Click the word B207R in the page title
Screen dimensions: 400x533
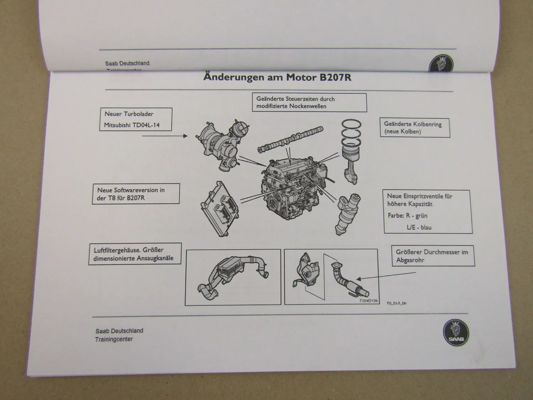pyautogui.click(x=335, y=78)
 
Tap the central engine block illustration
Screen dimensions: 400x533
pyautogui.click(x=291, y=188)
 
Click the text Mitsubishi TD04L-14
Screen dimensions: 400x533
pyautogui.click(x=131, y=125)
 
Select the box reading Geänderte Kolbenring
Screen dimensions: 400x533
pyautogui.click(x=414, y=128)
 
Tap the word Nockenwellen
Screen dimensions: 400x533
pyautogui.click(x=308, y=106)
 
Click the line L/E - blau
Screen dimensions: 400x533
pyautogui.click(x=419, y=227)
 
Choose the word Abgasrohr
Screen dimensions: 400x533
pyautogui.click(x=410, y=260)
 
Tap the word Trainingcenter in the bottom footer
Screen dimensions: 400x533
pyautogui.click(x=114, y=339)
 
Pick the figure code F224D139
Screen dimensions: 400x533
pyautogui.click(x=368, y=301)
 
